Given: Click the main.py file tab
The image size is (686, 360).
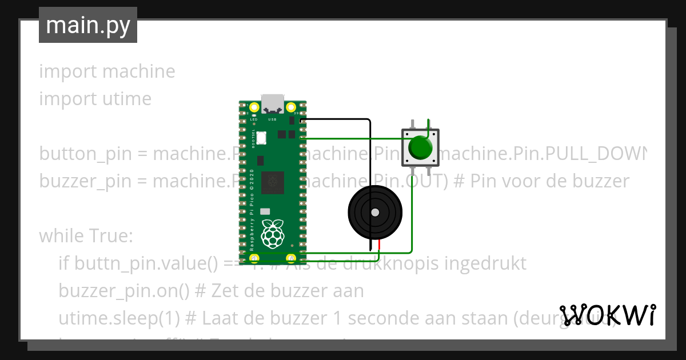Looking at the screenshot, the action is tap(88, 25).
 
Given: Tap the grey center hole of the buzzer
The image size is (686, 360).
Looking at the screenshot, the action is tap(375, 213).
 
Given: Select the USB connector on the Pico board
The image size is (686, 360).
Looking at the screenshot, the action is tap(273, 103).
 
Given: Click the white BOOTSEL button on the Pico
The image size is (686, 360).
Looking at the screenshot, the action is tap(261, 138).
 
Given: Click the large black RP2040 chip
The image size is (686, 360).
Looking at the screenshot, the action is tap(273, 182).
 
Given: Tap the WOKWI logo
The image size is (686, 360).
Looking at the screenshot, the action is tap(608, 314).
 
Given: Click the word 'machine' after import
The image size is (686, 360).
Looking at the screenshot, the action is tap(139, 71).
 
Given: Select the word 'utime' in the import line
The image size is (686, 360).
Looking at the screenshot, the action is tap(127, 99).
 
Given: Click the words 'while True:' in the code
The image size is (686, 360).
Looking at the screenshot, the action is tap(86, 236).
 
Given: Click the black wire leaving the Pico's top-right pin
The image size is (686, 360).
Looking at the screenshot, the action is tap(337, 119).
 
